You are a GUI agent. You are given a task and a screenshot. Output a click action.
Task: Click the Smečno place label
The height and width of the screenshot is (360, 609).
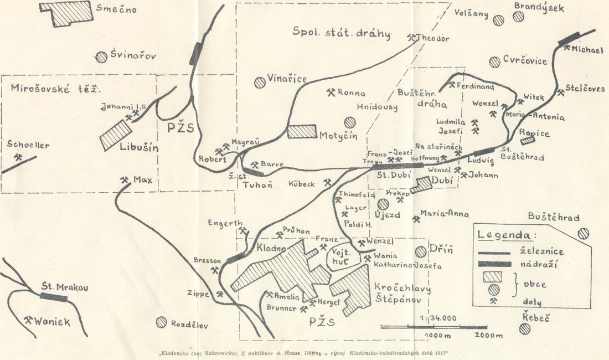[x=117, y=9]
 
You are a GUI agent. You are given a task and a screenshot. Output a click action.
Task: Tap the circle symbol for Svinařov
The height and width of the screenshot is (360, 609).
[x=101, y=56]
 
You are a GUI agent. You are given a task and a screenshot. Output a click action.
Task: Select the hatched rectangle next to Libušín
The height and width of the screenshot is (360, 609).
[x=116, y=135]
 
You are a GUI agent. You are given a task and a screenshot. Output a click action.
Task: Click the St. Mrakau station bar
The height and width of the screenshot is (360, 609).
[x=54, y=297]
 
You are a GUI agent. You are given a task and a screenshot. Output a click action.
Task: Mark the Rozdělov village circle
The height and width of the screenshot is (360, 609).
[x=161, y=322]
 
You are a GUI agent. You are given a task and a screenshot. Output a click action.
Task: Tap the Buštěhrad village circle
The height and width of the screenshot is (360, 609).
[x=582, y=234]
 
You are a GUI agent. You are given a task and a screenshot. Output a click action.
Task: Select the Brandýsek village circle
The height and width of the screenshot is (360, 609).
[x=518, y=17]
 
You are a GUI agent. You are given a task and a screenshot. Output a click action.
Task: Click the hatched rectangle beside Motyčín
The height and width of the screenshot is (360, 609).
[x=302, y=131]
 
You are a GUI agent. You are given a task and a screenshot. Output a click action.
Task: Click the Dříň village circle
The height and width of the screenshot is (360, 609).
[x=421, y=251]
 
